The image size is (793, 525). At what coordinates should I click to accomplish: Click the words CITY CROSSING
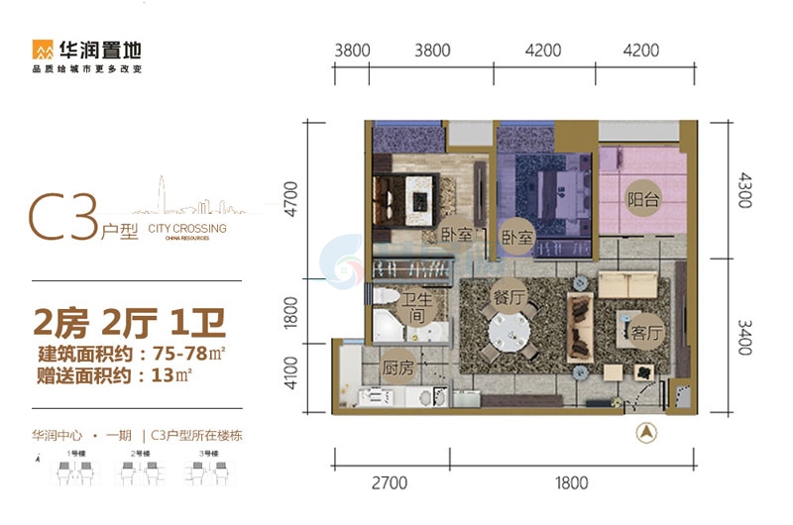186,229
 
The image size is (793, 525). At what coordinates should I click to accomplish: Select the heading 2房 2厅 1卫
129,323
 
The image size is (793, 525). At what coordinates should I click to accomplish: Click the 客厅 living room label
644,333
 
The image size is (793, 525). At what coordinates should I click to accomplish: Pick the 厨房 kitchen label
397,367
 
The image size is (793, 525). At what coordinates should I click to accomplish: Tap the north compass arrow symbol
645,432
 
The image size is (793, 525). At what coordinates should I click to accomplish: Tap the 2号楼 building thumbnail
141,470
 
